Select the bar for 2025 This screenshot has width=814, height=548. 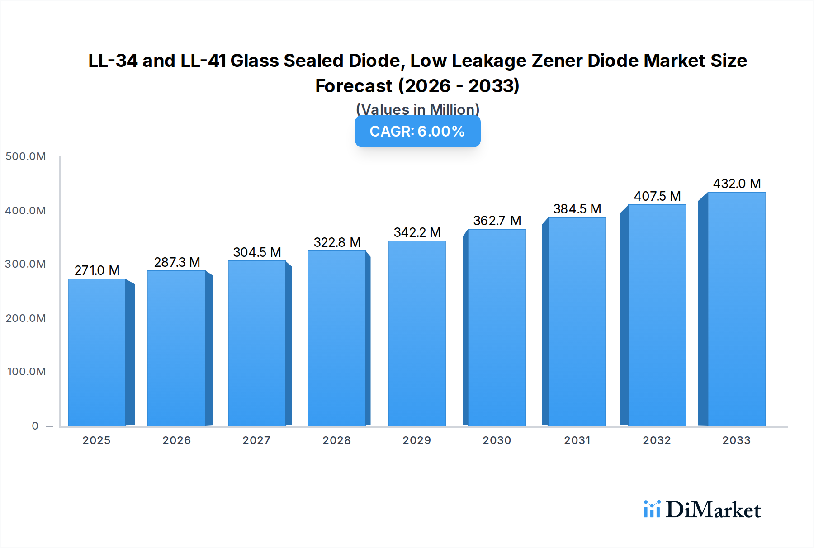pos(97,353)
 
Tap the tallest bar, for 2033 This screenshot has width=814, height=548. pos(737,309)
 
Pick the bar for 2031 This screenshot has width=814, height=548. pos(577,322)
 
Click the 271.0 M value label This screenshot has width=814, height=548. pos(97,270)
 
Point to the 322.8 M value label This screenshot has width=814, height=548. pos(337,242)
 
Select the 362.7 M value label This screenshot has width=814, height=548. pos(497,221)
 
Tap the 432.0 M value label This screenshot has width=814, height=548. pos(737,184)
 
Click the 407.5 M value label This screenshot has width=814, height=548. pos(657,196)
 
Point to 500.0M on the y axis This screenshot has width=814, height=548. pos(26,156)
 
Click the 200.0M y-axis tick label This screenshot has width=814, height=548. pos(26,318)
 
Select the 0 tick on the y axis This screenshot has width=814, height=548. pos(35,426)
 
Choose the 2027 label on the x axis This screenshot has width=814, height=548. pos(256,440)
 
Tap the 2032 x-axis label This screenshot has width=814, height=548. pos(657,440)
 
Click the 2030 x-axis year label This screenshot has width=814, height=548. pos(497,440)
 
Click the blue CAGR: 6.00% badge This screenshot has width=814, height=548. pos(417,132)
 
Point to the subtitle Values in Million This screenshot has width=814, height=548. pos(417,109)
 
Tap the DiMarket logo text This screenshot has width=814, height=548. pos(713,510)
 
